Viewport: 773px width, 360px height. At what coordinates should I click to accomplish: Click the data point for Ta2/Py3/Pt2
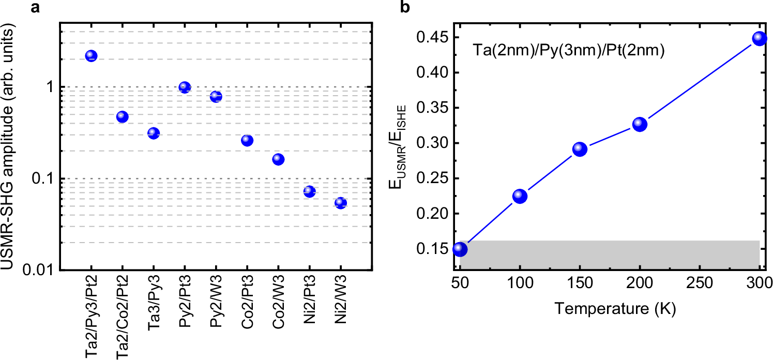click(x=91, y=56)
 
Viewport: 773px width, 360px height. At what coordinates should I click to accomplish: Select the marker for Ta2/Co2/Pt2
click(x=122, y=116)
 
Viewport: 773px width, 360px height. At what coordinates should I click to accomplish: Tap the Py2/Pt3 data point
click(x=185, y=87)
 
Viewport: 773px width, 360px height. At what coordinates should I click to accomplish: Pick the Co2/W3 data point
click(x=278, y=159)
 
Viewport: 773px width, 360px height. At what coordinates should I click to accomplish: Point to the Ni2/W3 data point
click(x=340, y=203)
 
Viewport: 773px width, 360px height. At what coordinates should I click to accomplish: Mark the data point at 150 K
click(x=580, y=149)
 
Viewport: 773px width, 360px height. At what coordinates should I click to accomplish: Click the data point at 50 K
click(x=460, y=249)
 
